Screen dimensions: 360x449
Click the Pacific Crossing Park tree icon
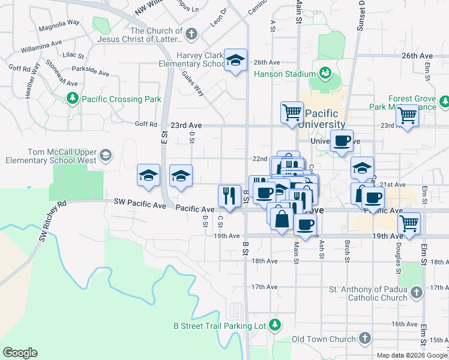click(73, 98)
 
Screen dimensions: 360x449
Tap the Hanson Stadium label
click(285, 74)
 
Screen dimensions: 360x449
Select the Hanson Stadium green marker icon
click(325, 74)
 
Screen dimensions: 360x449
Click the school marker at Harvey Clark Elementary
click(236, 60)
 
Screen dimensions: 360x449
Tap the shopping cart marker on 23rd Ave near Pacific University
click(292, 112)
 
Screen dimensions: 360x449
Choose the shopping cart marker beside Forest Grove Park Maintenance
click(408, 115)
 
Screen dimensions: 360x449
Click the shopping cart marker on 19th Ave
click(409, 224)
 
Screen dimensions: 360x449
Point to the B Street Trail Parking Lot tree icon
click(275, 325)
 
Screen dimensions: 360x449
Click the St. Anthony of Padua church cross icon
click(417, 293)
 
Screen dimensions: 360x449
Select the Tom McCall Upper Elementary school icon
click(106, 156)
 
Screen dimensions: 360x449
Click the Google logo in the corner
click(20, 353)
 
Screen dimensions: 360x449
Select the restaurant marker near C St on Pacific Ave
click(229, 195)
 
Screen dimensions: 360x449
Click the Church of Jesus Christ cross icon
click(191, 35)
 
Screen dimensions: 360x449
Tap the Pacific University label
click(325, 119)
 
